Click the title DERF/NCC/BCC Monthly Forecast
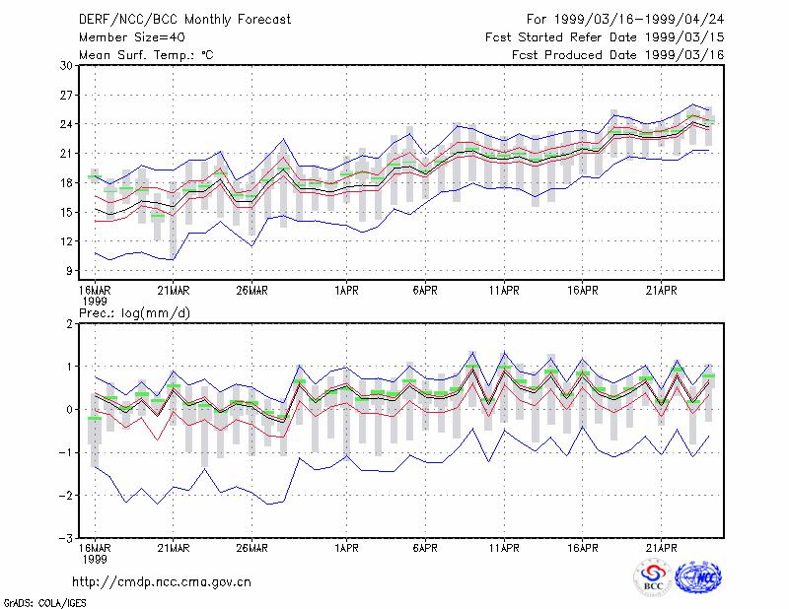pyautogui.click(x=184, y=20)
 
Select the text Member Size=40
pyautogui.click(x=132, y=37)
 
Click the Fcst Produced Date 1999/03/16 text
pyautogui.click(x=617, y=55)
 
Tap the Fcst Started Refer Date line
pyautogui.click(x=605, y=37)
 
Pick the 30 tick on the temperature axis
pyautogui.click(x=67, y=65)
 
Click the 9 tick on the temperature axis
pyautogui.click(x=69, y=271)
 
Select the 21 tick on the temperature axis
pyautogui.click(x=67, y=154)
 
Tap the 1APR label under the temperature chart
pyautogui.click(x=347, y=290)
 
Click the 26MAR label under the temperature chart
pyautogui.click(x=252, y=290)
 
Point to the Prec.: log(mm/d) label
pyautogui.click(x=134, y=313)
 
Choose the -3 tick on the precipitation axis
pyautogui.click(x=67, y=538)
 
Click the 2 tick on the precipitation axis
pyautogui.click(x=69, y=324)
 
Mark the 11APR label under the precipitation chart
pyautogui.click(x=504, y=548)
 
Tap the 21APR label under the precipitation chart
pyautogui.click(x=661, y=548)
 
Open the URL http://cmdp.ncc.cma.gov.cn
pyautogui.click(x=162, y=582)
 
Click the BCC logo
pyautogui.click(x=653, y=577)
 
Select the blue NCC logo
pyautogui.click(x=699, y=576)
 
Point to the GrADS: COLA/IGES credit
pyautogui.click(x=44, y=603)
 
